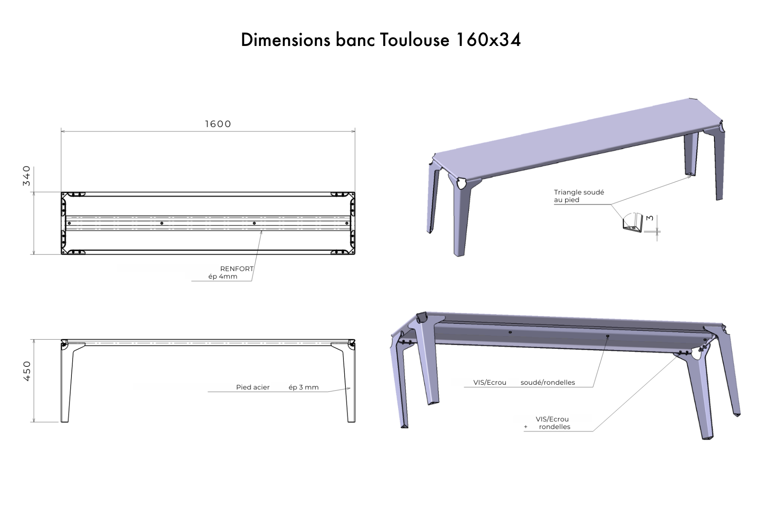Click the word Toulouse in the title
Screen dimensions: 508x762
pyautogui.click(x=414, y=40)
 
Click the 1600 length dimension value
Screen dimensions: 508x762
pyautogui.click(x=218, y=124)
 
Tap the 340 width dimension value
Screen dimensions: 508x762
pyautogui.click(x=27, y=176)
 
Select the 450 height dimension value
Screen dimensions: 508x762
pyautogui.click(x=27, y=371)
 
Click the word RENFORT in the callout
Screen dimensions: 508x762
pyautogui.click(x=236, y=269)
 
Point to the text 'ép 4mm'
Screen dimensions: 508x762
pyautogui.click(x=223, y=277)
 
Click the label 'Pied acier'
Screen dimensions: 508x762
pyautogui.click(x=253, y=387)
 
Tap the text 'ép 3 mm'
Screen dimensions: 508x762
pyautogui.click(x=304, y=387)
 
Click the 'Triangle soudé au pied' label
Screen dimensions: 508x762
pyautogui.click(x=579, y=196)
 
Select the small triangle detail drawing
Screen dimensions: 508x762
pyautogui.click(x=632, y=224)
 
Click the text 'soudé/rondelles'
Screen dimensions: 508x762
pyautogui.click(x=547, y=382)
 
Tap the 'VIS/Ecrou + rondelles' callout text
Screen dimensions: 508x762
pyautogui.click(x=552, y=423)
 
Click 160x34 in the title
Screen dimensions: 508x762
pyautogui.click(x=488, y=40)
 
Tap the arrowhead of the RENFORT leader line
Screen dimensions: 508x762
pyautogui.click(x=262, y=231)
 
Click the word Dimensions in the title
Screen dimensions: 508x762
pyautogui.click(x=285, y=40)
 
